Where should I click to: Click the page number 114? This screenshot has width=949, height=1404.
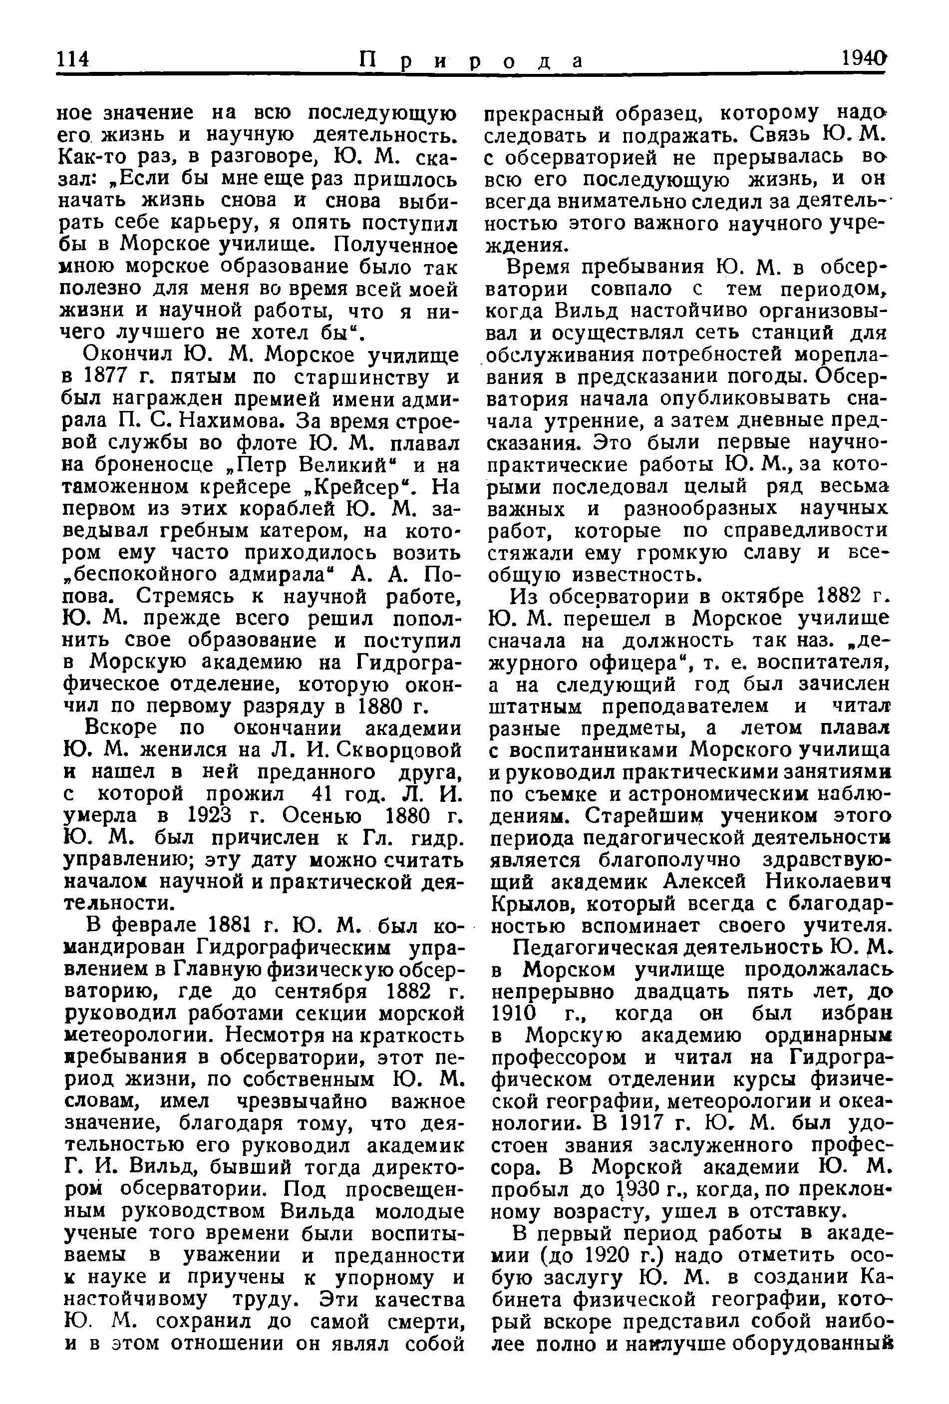[x=73, y=60]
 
